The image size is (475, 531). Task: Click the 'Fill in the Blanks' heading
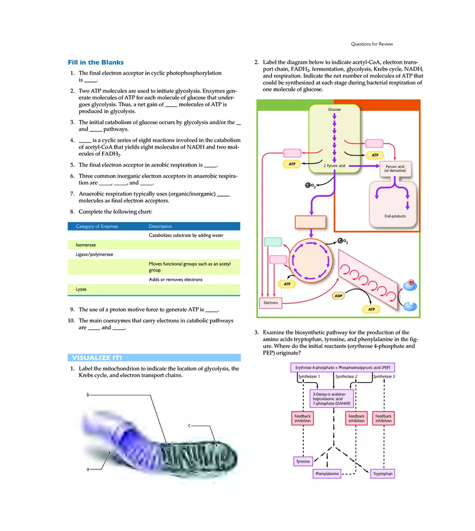tap(96, 63)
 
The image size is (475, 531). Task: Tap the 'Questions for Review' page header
tap(372, 44)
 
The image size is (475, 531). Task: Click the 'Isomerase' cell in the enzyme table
tap(86, 245)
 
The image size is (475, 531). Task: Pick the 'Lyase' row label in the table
tap(81, 290)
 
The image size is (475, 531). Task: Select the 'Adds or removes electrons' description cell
tap(175, 280)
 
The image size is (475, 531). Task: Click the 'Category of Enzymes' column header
tap(97, 226)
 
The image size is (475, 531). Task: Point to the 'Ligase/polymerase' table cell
tap(94, 254)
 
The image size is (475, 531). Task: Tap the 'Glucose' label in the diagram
tap(334, 110)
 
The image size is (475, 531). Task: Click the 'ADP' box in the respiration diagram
tap(338, 296)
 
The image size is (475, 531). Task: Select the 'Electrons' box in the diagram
tap(270, 303)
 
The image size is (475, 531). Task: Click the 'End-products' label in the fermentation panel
tap(395, 216)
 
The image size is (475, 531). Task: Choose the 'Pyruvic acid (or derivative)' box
tap(395, 169)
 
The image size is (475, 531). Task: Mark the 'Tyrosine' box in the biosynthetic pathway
tap(303, 461)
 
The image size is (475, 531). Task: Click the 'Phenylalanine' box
tap(328, 474)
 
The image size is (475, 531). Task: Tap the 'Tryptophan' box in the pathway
tap(383, 474)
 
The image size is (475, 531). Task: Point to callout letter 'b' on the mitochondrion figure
tap(87, 395)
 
